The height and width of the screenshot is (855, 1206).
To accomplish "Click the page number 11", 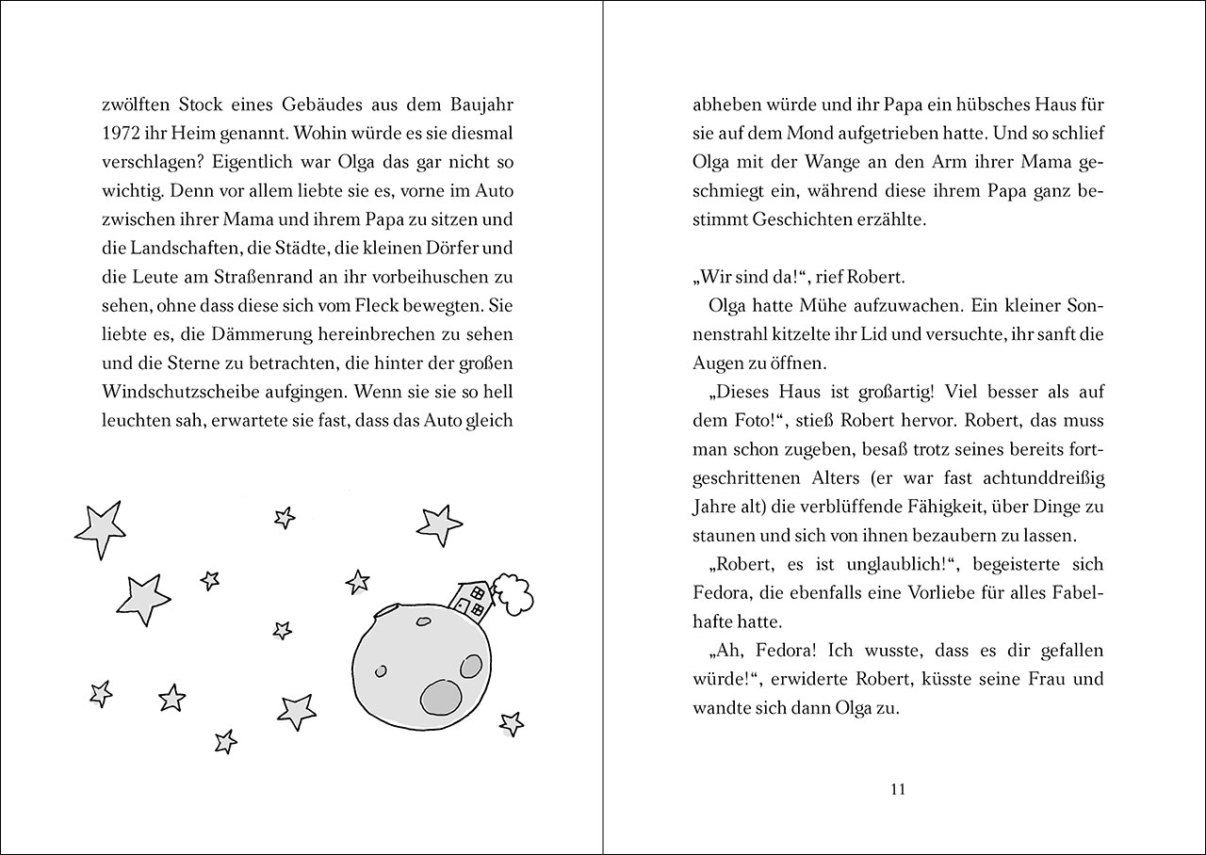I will point(897,789).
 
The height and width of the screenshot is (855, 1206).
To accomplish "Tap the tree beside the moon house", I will point(513,591).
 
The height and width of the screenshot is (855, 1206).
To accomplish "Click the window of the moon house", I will point(477,594).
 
